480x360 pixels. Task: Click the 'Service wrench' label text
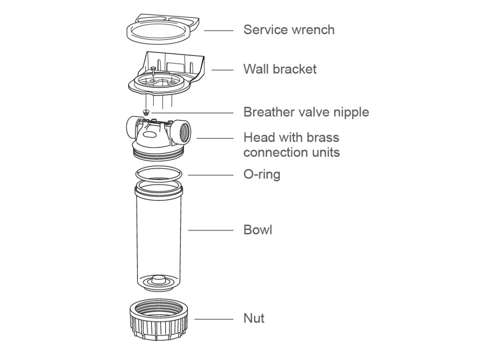click(x=289, y=30)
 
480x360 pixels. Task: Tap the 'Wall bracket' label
click(x=280, y=69)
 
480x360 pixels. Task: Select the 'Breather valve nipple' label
click(x=306, y=112)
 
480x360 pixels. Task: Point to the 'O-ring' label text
click(x=262, y=174)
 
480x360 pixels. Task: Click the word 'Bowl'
click(x=258, y=230)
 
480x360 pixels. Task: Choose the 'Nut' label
click(x=254, y=318)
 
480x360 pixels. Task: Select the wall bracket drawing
click(x=166, y=74)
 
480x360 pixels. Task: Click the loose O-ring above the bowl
click(x=159, y=174)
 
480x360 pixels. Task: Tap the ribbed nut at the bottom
click(x=159, y=320)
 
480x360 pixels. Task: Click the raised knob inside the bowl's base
click(x=158, y=280)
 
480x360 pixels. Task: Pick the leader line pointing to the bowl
click(x=210, y=230)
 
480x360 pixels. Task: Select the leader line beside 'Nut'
click(x=214, y=319)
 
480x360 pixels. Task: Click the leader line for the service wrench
click(x=218, y=30)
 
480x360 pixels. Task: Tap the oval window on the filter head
click(x=150, y=135)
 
